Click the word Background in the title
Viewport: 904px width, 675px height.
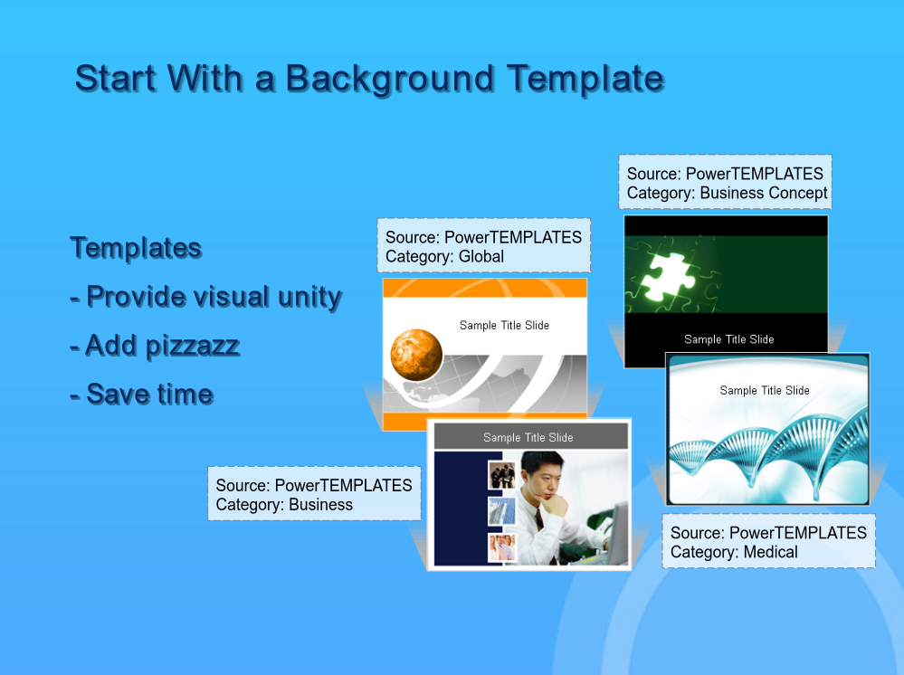(390, 79)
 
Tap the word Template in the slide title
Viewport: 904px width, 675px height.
(585, 79)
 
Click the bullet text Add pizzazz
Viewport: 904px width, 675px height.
(155, 347)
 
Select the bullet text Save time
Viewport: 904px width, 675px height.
(142, 395)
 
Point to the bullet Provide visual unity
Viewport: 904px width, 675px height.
(205, 298)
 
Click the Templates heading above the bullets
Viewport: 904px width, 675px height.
(136, 249)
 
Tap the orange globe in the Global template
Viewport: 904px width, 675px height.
(416, 355)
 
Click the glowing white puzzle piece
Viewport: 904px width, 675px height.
(670, 275)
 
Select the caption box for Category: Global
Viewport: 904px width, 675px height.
(484, 245)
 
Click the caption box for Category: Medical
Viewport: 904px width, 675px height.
(768, 541)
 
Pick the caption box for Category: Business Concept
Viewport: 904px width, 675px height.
(725, 182)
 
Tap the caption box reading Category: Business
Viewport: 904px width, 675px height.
(314, 494)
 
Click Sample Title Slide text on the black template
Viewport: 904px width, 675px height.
(728, 339)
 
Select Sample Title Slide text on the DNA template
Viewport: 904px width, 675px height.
(765, 390)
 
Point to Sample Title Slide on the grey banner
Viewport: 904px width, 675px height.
(528, 438)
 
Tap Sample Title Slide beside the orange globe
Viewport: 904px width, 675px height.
(504, 325)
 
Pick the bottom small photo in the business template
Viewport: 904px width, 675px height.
(501, 547)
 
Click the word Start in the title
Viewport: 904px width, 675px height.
(116, 79)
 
